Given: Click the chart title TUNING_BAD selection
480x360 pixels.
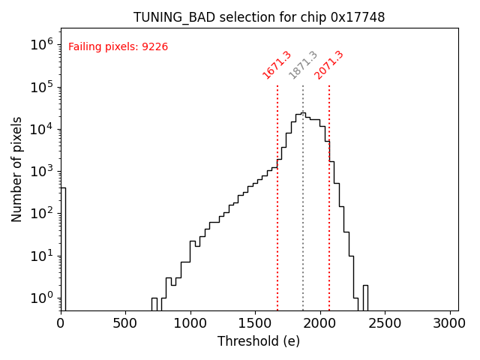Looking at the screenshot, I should (x=259, y=17).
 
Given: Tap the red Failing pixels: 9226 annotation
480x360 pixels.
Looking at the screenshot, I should (x=118, y=46).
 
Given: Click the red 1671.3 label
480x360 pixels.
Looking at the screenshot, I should (x=277, y=65).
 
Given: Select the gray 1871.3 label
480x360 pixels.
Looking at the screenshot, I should (x=303, y=65).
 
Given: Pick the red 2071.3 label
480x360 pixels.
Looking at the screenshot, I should (x=329, y=65).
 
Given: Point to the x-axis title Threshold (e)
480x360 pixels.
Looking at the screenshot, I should (x=259, y=341).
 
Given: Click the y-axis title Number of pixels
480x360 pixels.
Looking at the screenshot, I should (x=17, y=169).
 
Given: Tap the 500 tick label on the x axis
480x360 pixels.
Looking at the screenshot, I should (x=126, y=323).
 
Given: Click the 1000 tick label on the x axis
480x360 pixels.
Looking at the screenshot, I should (x=190, y=323).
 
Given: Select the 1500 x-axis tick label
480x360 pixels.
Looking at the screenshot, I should (x=256, y=323).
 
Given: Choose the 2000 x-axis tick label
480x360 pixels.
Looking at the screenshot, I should (x=320, y=323).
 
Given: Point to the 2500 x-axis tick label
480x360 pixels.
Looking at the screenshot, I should (x=385, y=323).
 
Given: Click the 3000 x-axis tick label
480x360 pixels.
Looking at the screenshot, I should (x=450, y=323).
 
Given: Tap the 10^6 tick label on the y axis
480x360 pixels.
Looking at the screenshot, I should (x=42, y=44).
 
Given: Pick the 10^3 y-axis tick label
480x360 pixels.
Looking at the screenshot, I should (x=42, y=171).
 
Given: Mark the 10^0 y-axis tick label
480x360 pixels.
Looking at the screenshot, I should (x=42, y=298).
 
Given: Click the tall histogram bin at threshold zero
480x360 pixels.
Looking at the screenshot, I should (x=63, y=247).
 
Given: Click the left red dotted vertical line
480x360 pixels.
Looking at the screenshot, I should (x=277, y=225).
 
